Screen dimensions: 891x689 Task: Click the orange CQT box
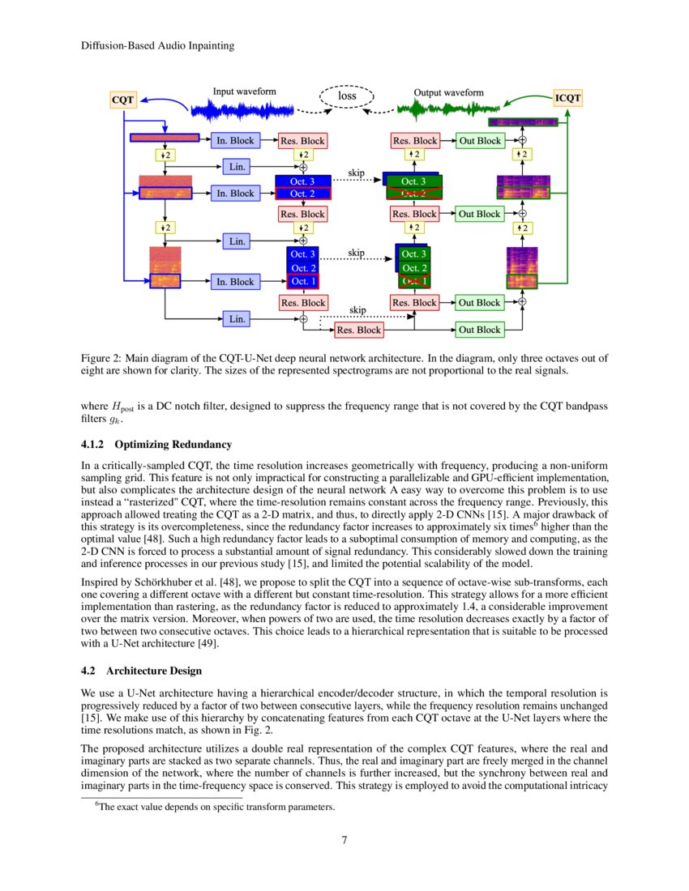(122, 100)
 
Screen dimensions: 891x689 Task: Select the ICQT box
(567, 98)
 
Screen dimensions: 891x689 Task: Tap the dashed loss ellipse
(347, 96)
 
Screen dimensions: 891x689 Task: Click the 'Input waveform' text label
(246, 92)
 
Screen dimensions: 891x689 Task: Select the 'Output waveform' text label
(448, 92)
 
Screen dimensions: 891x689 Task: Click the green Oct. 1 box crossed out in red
(414, 281)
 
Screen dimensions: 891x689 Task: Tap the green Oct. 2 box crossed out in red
(413, 194)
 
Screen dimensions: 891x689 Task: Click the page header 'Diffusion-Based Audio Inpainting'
(158, 46)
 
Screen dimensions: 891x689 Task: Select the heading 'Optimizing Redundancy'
(173, 445)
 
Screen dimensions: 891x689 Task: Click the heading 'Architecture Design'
(154, 671)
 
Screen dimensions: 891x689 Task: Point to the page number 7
(344, 839)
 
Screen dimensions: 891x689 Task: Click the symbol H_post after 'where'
(123, 405)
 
